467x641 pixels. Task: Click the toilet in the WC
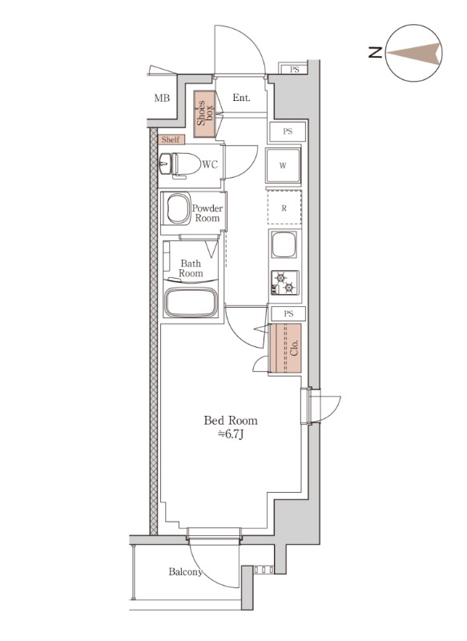(179, 165)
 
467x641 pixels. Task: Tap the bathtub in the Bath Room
(191, 302)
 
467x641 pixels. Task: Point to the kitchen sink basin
(284, 245)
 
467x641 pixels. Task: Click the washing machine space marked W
(283, 166)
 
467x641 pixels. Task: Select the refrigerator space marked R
(284, 208)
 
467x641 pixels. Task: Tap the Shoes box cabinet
(204, 114)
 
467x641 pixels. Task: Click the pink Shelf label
(171, 139)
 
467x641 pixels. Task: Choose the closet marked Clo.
(285, 348)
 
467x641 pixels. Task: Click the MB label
(162, 98)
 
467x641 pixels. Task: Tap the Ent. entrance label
(241, 98)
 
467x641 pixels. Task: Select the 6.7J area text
(231, 434)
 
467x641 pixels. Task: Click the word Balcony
(186, 572)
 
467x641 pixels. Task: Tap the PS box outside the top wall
(294, 70)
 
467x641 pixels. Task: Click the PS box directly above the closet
(288, 313)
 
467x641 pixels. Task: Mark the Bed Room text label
(231, 420)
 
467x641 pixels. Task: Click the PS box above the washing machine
(288, 131)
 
